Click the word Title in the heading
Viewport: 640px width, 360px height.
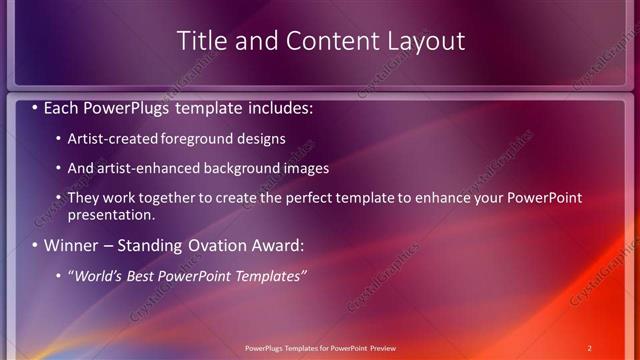[200, 41]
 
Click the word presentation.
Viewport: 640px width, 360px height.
[111, 215]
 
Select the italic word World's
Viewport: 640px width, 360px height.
[98, 276]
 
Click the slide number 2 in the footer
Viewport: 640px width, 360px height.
[589, 348]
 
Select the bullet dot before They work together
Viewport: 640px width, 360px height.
[59, 198]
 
